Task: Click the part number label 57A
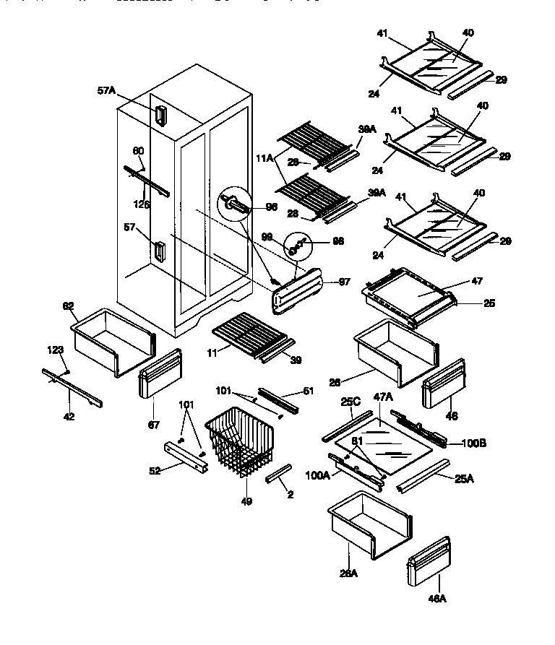(106, 90)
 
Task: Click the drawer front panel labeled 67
(158, 373)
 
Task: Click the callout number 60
(138, 151)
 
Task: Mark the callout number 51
(309, 391)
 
